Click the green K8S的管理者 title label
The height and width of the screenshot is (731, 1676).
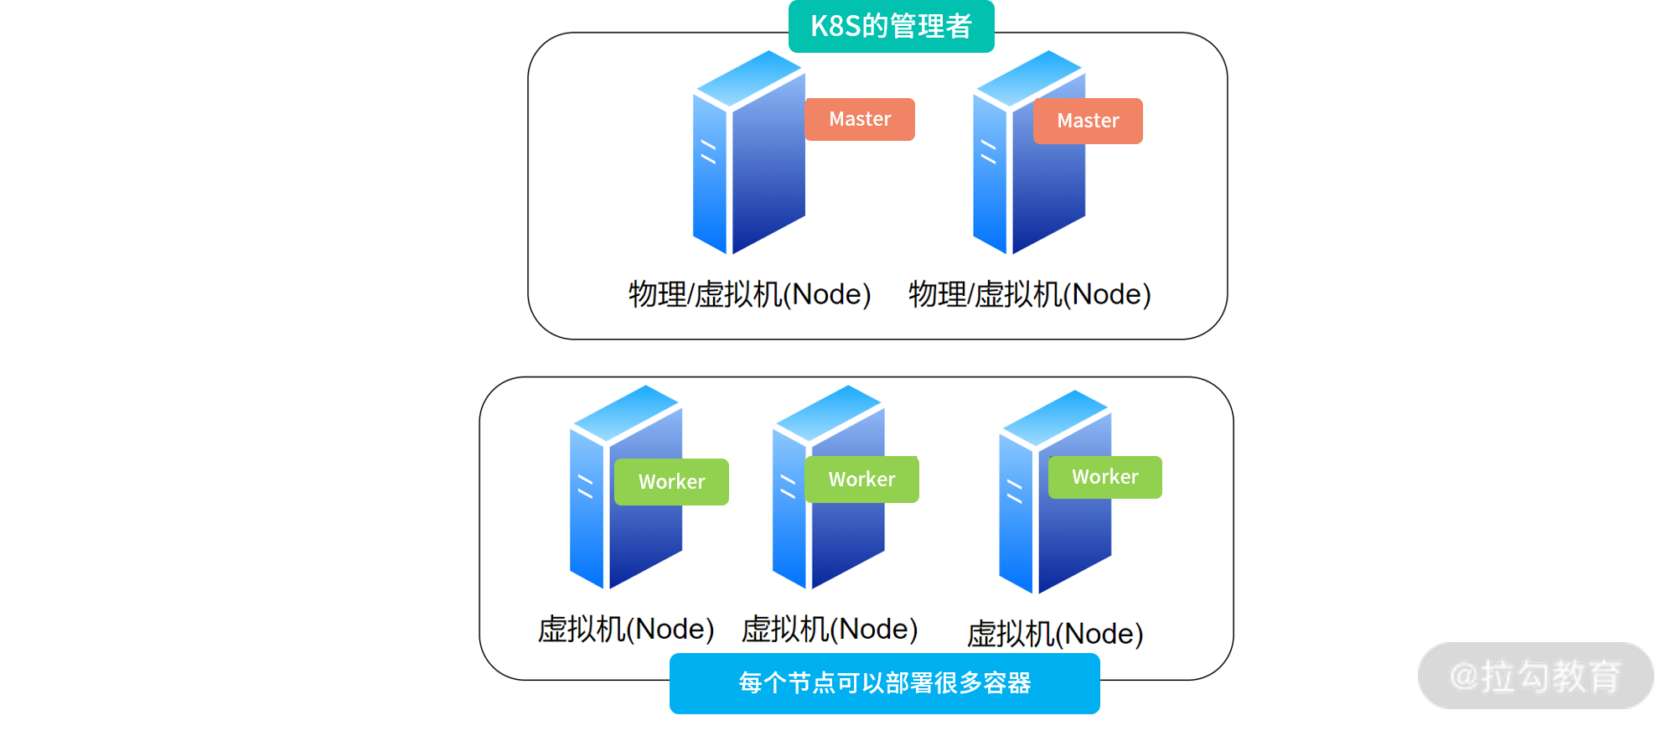891,26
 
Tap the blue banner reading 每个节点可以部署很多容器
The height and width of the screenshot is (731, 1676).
884,683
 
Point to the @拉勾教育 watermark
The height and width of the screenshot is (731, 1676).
1535,676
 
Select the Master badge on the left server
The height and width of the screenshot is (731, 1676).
859,119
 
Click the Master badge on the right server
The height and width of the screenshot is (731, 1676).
1088,121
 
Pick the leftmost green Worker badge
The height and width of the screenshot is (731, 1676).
671,482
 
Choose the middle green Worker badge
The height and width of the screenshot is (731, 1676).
861,480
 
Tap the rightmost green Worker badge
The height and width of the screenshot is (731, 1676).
1104,477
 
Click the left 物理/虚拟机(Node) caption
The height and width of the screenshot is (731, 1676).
750,294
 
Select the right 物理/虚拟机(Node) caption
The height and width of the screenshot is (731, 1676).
1030,294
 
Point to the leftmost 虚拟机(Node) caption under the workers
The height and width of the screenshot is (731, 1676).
626,629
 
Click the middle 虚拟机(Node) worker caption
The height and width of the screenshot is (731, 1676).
830,629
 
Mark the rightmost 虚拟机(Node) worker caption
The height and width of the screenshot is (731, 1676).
1055,634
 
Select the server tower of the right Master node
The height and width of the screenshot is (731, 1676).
1028,176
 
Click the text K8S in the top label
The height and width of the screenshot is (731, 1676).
835,26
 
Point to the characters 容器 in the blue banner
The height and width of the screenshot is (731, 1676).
1007,683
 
